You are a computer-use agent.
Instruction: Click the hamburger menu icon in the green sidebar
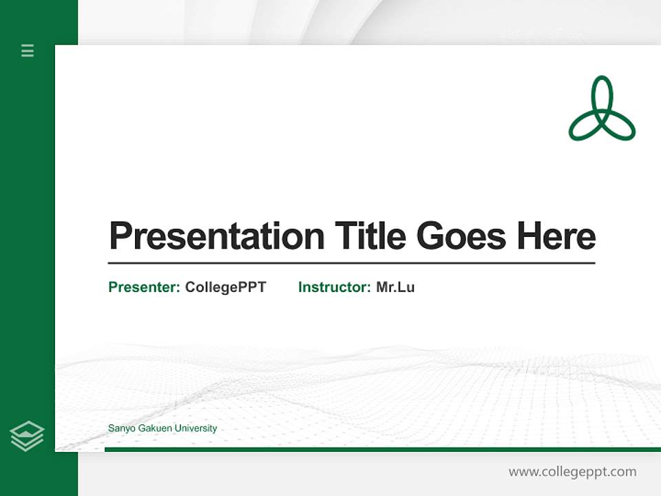28,50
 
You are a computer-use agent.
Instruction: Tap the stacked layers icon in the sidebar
27,436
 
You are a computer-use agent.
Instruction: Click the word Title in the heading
370,236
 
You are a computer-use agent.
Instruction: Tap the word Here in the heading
556,236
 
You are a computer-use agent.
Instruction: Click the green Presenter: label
144,287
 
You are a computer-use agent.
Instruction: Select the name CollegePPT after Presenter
225,287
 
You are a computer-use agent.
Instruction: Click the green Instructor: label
334,287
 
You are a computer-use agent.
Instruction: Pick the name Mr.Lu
395,287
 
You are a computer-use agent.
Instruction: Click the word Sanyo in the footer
121,428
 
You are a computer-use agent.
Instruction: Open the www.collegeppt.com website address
572,472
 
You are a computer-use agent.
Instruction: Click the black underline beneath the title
351,263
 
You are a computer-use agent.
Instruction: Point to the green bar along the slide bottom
382,449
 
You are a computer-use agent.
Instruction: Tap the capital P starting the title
120,236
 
